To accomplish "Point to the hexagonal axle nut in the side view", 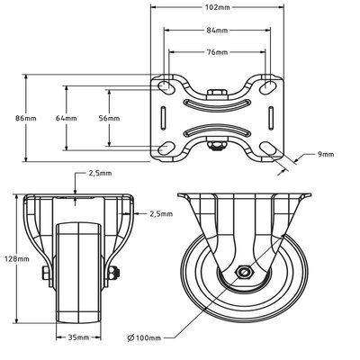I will [243, 273].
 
